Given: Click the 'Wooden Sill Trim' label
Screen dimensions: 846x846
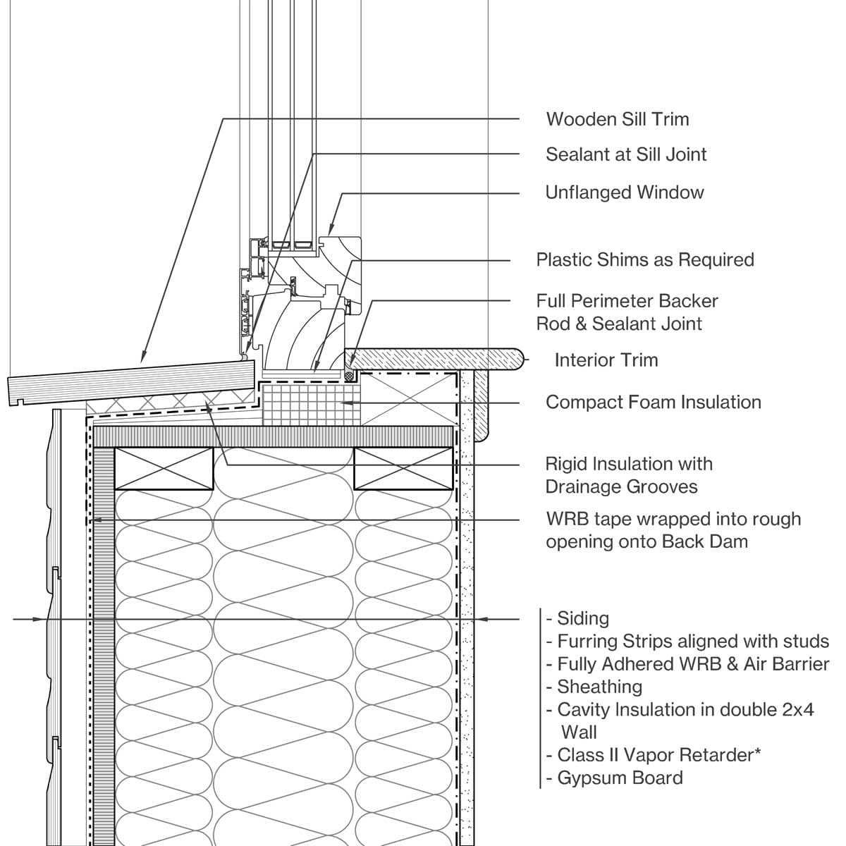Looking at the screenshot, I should point(618,119).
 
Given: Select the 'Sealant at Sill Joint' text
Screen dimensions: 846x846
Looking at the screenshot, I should point(626,154).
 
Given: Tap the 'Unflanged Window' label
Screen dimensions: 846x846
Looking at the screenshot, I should point(625,192).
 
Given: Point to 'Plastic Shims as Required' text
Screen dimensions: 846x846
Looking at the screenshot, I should point(645,259).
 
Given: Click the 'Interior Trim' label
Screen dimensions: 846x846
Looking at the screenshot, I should point(606,360).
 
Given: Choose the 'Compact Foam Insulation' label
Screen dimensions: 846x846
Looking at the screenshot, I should point(653,403).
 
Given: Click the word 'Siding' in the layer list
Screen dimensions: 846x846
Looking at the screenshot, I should point(582,619).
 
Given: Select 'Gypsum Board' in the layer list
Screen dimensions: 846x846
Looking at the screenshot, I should point(620,778).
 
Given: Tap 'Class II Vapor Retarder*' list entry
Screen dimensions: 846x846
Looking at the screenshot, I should point(658,755).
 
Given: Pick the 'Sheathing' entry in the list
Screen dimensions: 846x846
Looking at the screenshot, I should point(599,687).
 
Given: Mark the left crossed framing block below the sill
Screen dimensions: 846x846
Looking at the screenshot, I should point(164,467).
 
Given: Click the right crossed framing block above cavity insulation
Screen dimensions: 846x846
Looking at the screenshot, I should point(403,467).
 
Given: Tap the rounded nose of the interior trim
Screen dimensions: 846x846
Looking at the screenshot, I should point(520,360).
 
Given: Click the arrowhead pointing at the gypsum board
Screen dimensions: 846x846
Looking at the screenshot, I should point(483,619).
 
